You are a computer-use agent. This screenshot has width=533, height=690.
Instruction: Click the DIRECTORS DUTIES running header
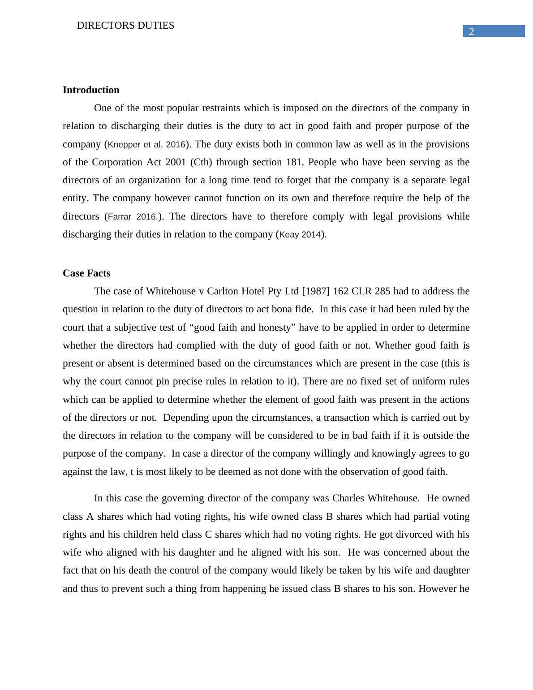click(125, 26)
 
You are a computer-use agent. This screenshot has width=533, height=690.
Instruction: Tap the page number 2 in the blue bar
click(471, 31)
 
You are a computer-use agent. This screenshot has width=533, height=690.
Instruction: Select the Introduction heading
click(91, 90)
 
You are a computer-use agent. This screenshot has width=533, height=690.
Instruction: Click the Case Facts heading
click(86, 273)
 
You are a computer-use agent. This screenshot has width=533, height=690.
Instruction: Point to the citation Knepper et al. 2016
click(146, 145)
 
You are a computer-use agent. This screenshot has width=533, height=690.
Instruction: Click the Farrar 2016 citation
click(133, 217)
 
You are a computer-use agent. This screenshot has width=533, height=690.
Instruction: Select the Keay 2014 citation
click(300, 235)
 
